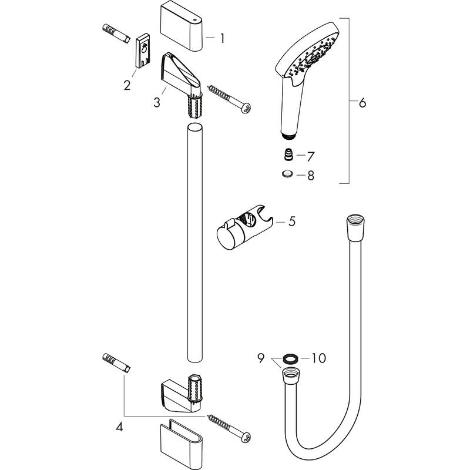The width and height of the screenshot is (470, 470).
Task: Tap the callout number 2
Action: point(127,85)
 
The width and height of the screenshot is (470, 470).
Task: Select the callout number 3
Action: point(156,102)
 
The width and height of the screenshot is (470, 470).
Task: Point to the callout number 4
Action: point(120,428)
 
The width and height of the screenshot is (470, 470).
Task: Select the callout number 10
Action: point(317,357)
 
